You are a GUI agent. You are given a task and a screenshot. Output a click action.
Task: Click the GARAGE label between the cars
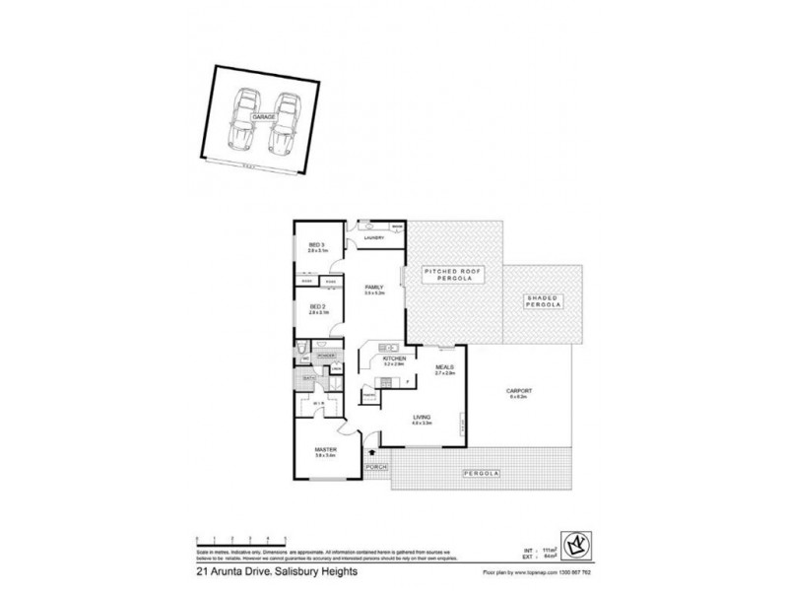262,116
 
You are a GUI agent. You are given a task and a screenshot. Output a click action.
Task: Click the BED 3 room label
317,247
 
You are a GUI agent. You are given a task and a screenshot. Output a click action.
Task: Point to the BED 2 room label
317,309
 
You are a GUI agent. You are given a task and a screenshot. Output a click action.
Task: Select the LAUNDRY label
372,238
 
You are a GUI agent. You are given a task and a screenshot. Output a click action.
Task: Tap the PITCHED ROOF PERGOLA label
449,275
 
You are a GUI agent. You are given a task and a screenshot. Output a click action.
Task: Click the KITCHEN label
394,361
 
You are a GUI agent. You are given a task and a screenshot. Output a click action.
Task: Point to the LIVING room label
422,421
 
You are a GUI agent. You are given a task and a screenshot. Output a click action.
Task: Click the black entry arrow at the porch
372,452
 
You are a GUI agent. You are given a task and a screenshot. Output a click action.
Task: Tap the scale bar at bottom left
241,535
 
